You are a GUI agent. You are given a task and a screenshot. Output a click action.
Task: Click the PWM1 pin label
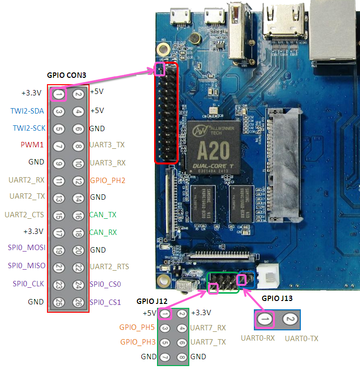click(33, 145)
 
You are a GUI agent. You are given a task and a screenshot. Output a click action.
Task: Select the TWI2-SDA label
click(27, 111)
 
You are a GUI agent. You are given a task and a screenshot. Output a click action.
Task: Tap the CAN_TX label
click(103, 215)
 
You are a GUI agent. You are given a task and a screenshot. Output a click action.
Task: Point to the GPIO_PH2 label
click(107, 180)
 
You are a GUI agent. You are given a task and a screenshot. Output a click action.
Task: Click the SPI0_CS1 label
click(105, 302)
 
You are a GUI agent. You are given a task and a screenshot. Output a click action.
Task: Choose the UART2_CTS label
click(24, 215)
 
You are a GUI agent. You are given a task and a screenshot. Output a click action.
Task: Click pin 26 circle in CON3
click(78, 302)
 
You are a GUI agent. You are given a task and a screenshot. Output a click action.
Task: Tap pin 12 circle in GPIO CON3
click(78, 180)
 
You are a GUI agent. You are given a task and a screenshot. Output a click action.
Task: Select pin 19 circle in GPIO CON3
click(58, 250)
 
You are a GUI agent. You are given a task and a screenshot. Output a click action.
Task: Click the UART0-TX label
click(302, 338)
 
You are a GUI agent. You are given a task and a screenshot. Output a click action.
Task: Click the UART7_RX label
click(208, 327)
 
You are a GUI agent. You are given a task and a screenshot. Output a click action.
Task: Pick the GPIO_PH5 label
click(137, 327)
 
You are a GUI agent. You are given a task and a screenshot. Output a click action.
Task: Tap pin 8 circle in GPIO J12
click(182, 357)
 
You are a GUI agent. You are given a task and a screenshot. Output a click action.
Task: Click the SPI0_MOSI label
click(27, 248)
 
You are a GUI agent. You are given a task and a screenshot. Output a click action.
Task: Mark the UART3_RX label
click(107, 162)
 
